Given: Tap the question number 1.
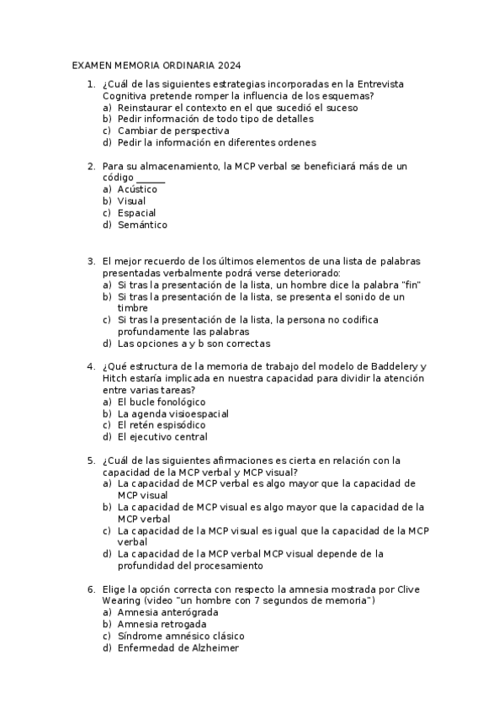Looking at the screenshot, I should point(90,84).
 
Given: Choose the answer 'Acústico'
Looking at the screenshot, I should point(137,189).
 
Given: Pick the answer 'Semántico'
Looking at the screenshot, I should point(142,225).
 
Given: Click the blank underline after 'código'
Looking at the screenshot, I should point(151,178).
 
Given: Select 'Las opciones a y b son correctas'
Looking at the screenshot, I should point(194,344).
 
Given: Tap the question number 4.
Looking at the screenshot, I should point(90,366).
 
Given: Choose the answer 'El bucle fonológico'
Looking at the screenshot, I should point(162,402).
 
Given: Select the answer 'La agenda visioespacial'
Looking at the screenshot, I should point(173,413).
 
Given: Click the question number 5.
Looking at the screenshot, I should point(90,460).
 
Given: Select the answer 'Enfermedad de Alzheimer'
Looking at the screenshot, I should point(178,648).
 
